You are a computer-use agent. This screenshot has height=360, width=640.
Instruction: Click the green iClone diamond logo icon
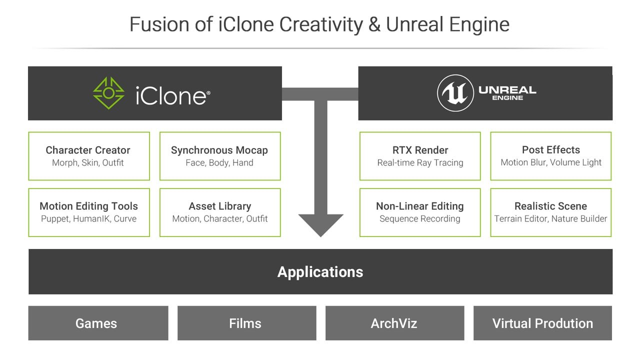pyautogui.click(x=108, y=93)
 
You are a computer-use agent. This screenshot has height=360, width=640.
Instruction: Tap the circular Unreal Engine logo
pyautogui.click(x=455, y=93)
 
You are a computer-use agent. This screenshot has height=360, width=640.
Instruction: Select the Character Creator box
pyautogui.click(x=88, y=156)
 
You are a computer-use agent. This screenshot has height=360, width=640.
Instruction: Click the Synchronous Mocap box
pyautogui.click(x=219, y=156)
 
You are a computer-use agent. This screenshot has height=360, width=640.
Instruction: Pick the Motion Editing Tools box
pyautogui.click(x=88, y=212)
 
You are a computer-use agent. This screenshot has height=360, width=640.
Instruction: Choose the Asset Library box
pyautogui.click(x=219, y=212)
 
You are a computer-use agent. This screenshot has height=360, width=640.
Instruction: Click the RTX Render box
pyautogui.click(x=420, y=156)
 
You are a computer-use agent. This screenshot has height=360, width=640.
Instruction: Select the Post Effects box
pyautogui.click(x=550, y=156)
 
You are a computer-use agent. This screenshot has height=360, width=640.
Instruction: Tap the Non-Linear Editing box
pyautogui.click(x=420, y=212)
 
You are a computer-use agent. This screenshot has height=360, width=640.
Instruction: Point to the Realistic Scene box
pyautogui.click(x=550, y=212)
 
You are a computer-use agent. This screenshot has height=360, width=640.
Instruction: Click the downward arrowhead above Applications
pyautogui.click(x=320, y=224)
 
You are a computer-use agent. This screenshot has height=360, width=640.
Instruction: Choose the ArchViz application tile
pyautogui.click(x=394, y=323)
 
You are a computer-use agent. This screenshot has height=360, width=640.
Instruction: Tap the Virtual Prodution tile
pyautogui.click(x=542, y=323)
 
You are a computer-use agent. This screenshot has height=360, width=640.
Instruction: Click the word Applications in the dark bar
pyautogui.click(x=320, y=272)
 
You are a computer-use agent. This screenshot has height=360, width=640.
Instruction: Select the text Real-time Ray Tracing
pyautogui.click(x=420, y=162)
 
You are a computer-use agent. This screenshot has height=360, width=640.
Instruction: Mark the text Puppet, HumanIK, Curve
pyautogui.click(x=88, y=218)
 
